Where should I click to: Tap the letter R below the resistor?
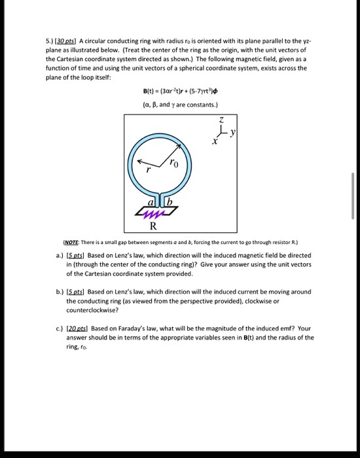[x=153, y=228]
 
